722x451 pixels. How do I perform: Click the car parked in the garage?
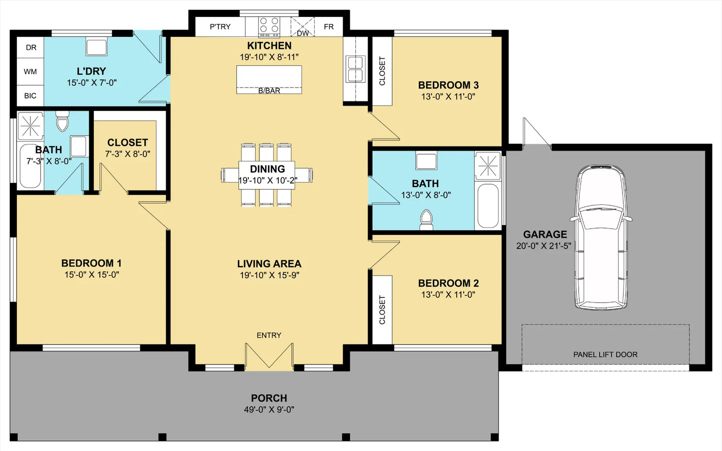click(x=601, y=237)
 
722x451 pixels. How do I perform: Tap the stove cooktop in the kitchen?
click(x=269, y=27)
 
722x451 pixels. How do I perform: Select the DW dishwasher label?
click(x=303, y=33)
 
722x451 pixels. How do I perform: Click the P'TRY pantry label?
click(x=220, y=27)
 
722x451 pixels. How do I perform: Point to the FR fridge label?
click(x=329, y=27)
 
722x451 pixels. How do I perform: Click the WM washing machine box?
click(x=30, y=71)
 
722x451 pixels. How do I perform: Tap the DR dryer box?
click(x=30, y=47)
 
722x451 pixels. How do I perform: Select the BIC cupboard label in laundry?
click(x=30, y=96)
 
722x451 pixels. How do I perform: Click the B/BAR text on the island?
click(x=269, y=91)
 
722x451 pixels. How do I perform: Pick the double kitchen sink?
click(x=356, y=69)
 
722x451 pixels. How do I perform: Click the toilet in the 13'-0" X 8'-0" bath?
click(x=426, y=220)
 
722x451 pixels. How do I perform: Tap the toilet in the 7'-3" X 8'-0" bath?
click(x=62, y=121)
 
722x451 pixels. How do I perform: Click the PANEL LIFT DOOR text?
click(x=605, y=354)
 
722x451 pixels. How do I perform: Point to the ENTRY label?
click(x=269, y=335)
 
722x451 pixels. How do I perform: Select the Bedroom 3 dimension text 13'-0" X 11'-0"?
click(x=448, y=96)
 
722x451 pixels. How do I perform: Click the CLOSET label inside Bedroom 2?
click(x=382, y=309)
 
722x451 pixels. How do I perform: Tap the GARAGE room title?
click(x=545, y=234)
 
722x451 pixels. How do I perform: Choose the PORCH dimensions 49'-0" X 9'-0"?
click(x=269, y=409)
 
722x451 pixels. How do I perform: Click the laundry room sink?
click(x=96, y=47)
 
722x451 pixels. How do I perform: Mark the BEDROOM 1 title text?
click(x=91, y=263)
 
